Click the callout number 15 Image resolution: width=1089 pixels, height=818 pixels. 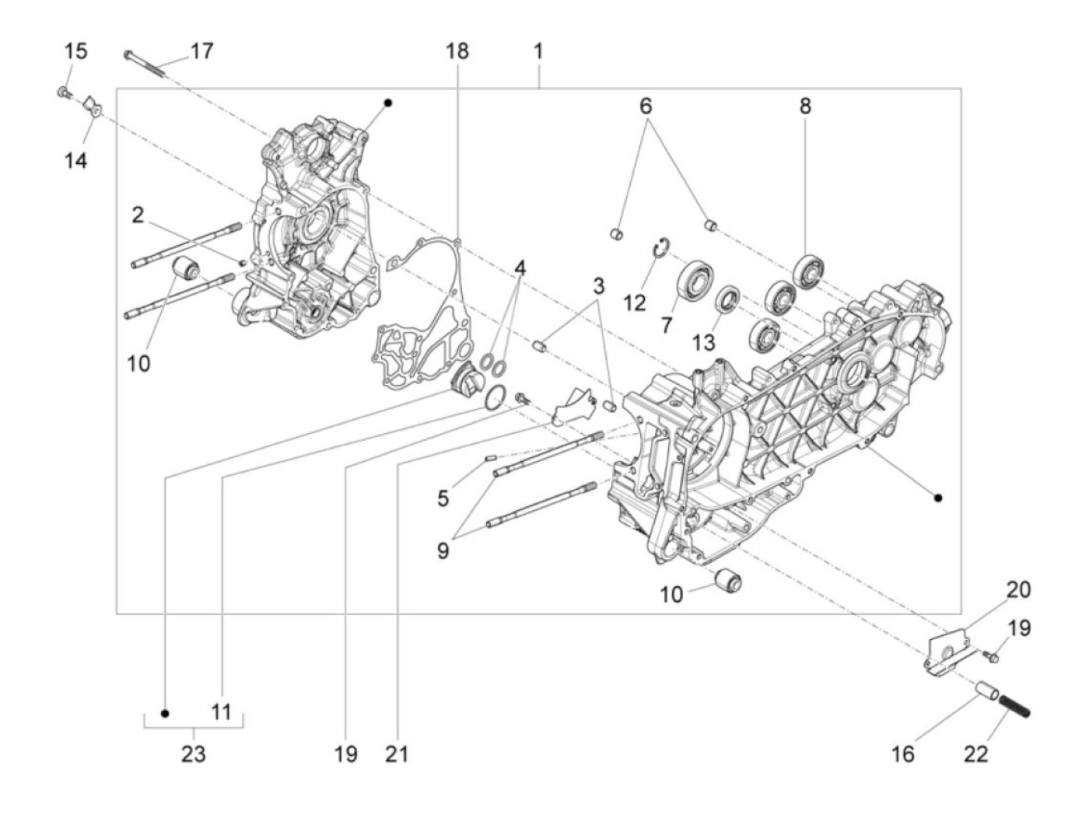tap(75, 52)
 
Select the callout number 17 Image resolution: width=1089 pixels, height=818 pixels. tap(201, 52)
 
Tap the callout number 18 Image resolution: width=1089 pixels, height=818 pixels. tap(457, 52)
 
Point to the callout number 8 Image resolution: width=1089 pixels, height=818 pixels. tap(805, 106)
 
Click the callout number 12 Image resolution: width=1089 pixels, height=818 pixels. tap(635, 302)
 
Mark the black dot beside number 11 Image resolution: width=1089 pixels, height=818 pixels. tap(165, 713)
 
